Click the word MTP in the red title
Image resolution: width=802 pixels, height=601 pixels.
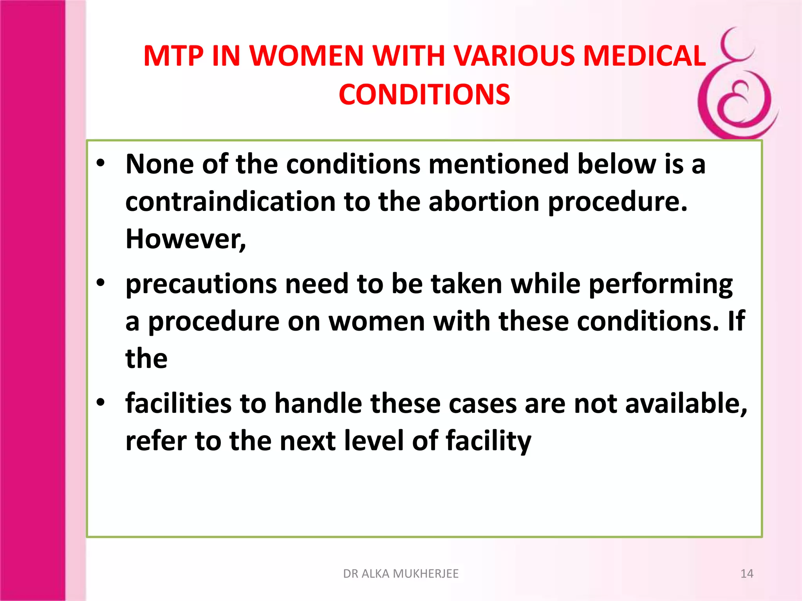pyautogui.click(x=173, y=56)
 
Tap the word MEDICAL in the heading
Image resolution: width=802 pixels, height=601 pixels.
pyautogui.click(x=645, y=56)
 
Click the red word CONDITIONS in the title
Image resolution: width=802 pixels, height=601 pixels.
pyautogui.click(x=424, y=95)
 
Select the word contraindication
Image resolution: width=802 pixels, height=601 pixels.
pyautogui.click(x=230, y=202)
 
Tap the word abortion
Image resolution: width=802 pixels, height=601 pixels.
pyautogui.click(x=484, y=202)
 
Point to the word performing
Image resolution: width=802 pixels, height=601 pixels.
pyautogui.click(x=661, y=284)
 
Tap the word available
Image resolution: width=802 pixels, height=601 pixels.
pyautogui.click(x=686, y=403)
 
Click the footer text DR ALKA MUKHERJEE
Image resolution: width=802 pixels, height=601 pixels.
pyautogui.click(x=401, y=574)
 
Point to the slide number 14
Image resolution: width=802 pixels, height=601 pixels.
pyautogui.click(x=747, y=574)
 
